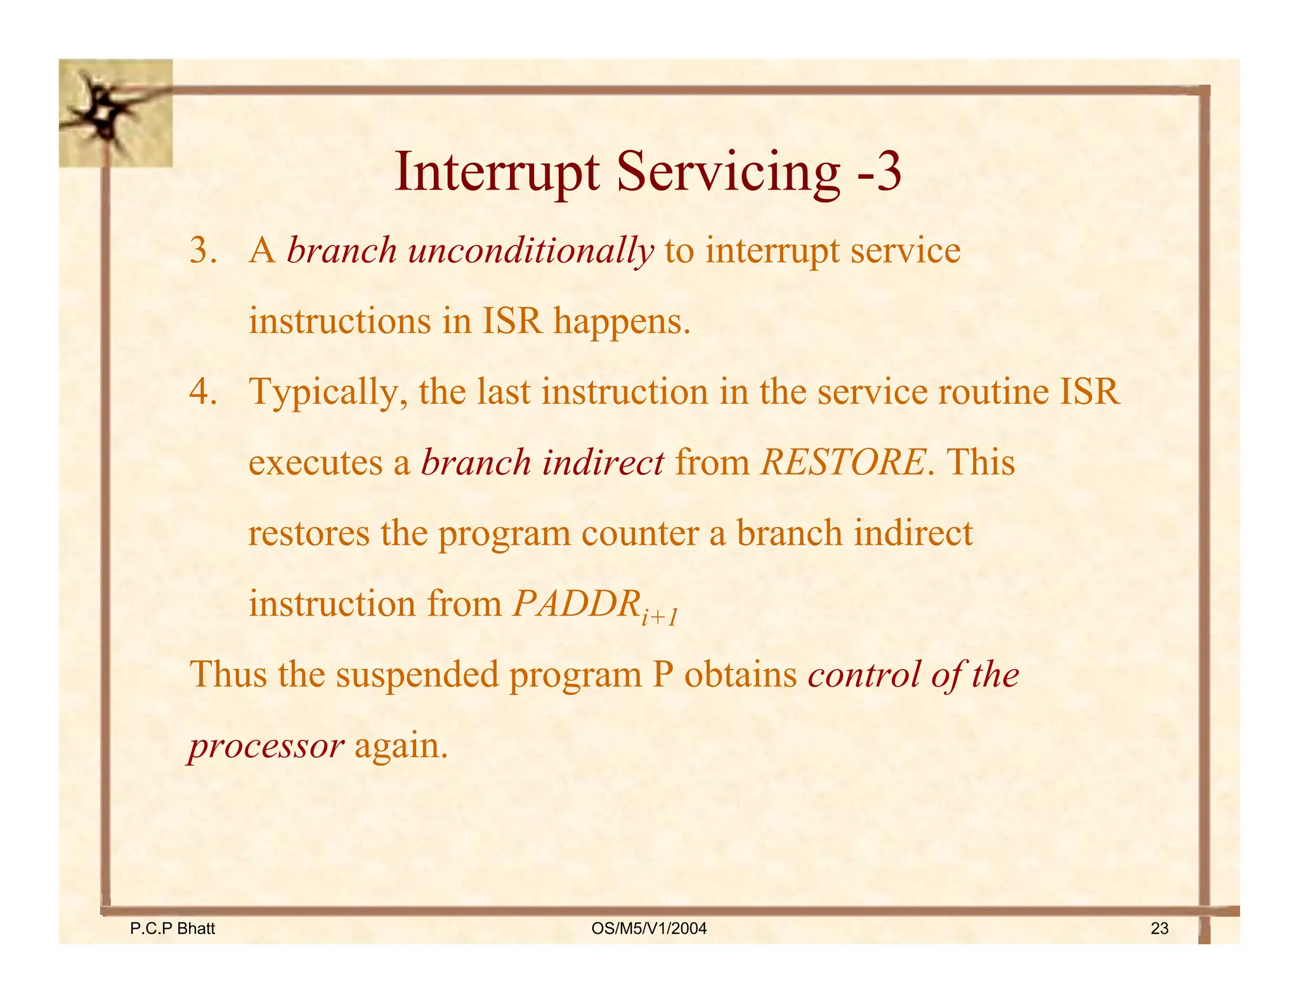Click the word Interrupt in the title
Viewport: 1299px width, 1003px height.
pos(497,173)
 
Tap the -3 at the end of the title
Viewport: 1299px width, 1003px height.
pos(878,173)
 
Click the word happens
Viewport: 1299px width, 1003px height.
pos(621,321)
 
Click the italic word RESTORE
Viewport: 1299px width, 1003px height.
pos(843,462)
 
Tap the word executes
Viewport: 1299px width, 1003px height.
pos(315,463)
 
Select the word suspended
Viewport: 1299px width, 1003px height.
pos(417,674)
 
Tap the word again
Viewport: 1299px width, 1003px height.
pos(400,746)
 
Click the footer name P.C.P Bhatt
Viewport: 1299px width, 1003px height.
pos(172,929)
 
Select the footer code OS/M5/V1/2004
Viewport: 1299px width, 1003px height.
pos(648,929)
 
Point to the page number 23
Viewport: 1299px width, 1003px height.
pos(1159,929)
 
